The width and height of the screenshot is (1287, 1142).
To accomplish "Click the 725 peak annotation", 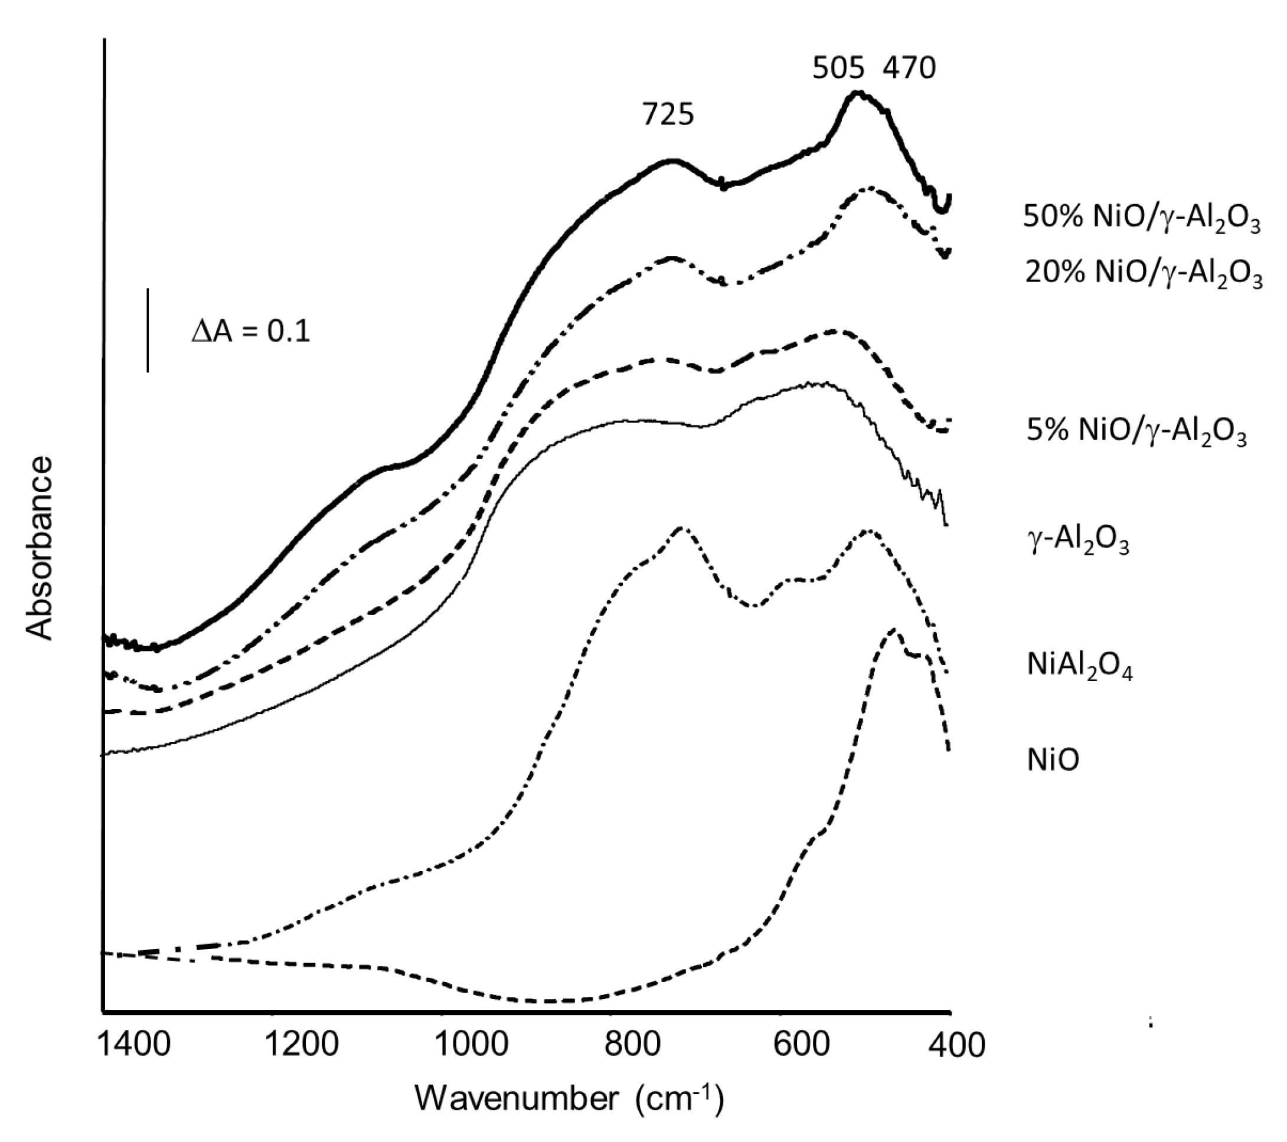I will (668, 115).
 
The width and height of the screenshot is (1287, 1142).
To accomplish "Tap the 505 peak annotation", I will (838, 68).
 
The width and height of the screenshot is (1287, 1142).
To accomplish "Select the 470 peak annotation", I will (909, 68).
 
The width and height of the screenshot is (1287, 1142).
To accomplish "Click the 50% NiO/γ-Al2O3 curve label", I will (1142, 218).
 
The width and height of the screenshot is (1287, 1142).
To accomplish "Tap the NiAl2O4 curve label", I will (1080, 666).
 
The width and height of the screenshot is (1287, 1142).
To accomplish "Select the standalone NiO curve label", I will (1053, 759).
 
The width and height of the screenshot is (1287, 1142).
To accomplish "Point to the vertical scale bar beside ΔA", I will (148, 331).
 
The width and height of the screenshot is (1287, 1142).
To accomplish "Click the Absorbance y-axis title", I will (40, 548).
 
